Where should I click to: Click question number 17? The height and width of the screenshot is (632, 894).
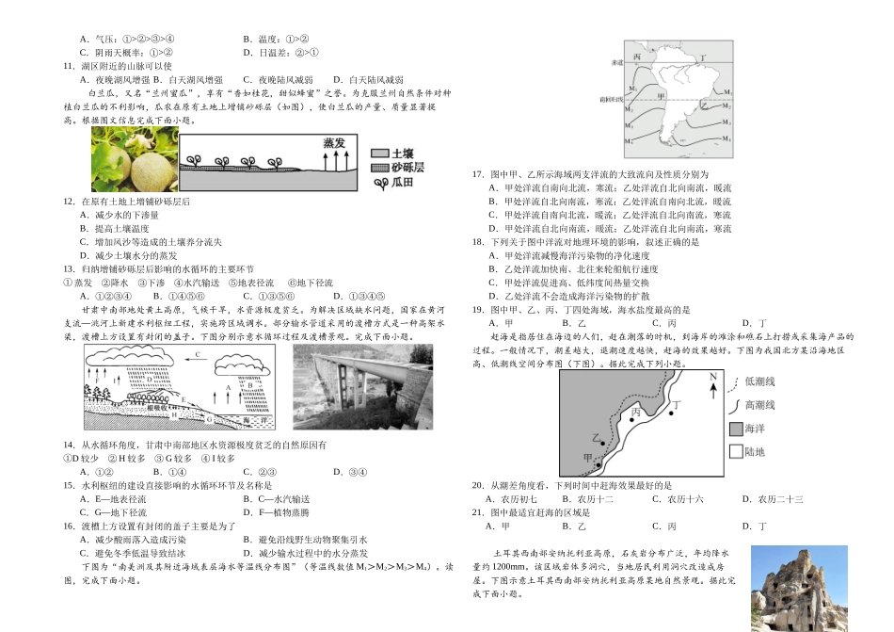(477, 174)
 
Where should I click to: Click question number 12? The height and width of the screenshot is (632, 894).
(68, 202)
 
